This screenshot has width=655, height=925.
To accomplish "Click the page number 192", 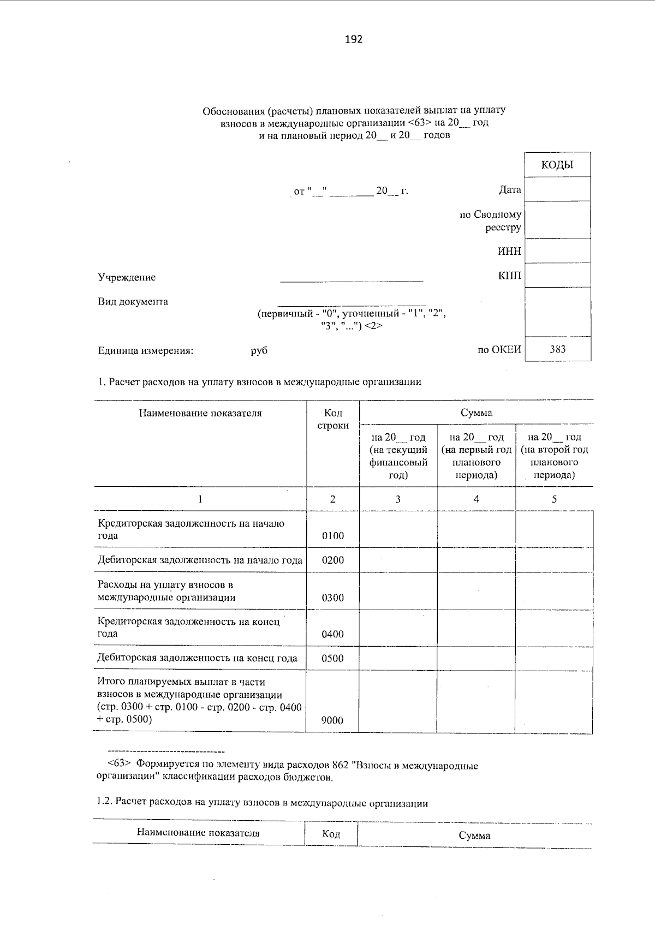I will click(354, 39).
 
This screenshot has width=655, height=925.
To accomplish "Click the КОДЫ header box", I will click(557, 165).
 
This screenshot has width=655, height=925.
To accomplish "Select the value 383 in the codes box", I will click(557, 349).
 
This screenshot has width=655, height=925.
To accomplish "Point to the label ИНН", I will click(509, 252).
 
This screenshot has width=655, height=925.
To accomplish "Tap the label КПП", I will click(509, 276).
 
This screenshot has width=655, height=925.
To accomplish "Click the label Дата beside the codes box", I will click(509, 190).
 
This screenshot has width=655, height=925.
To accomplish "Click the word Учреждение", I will click(127, 277).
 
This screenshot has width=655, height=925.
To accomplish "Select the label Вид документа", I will click(133, 301).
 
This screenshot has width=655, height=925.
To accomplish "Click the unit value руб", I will click(259, 351).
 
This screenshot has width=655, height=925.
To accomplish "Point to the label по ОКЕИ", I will click(499, 350).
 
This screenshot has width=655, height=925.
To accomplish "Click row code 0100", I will click(333, 536).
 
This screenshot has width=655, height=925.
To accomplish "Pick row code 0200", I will click(333, 560).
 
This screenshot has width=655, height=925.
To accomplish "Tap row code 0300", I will click(333, 598).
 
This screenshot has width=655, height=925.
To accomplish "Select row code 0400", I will click(333, 634).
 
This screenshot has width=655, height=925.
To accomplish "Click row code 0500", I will click(333, 658).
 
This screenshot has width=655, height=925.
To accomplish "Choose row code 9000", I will click(333, 720).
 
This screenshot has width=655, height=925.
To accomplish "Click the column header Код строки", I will click(333, 419).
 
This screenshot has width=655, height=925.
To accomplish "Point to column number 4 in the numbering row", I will click(476, 499).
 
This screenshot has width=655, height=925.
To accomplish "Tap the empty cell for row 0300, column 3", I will click(398, 591).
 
